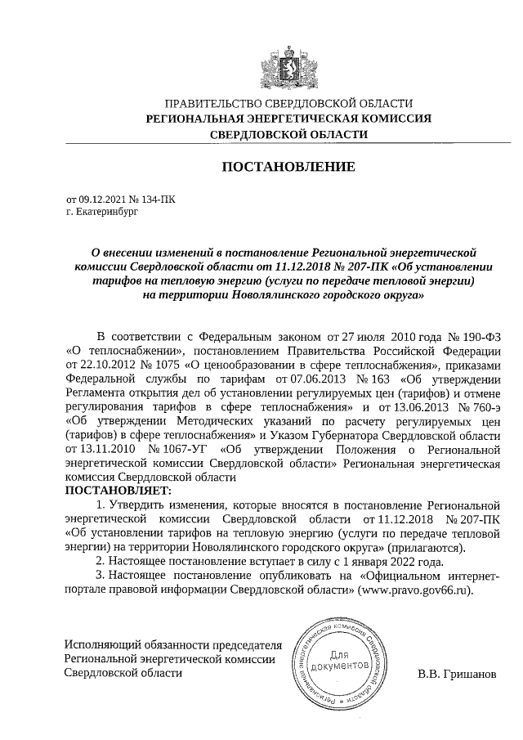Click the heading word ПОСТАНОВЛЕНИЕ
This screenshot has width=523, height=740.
pyautogui.click(x=289, y=168)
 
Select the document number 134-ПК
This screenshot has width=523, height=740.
pyautogui.click(x=160, y=198)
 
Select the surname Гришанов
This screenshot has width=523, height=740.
pyautogui.click(x=467, y=675)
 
